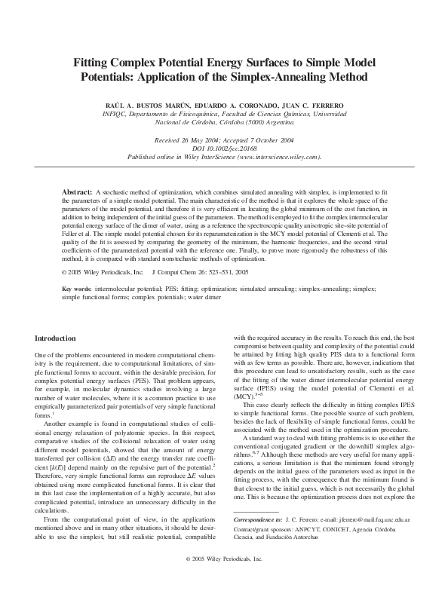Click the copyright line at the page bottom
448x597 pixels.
(224, 581)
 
